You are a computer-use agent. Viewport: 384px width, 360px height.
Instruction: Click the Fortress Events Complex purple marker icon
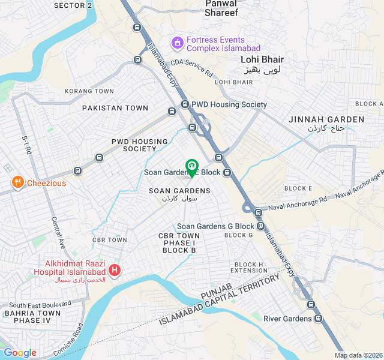177,43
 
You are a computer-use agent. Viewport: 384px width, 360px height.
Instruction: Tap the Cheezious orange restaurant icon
17,182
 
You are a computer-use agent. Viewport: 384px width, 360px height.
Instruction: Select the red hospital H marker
115,271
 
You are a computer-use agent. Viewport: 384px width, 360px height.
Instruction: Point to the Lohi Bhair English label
262,59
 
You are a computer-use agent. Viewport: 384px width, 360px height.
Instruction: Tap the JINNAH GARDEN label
326,119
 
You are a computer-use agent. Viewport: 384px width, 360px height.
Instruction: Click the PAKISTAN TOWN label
115,108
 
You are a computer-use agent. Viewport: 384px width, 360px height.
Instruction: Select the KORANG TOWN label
89,91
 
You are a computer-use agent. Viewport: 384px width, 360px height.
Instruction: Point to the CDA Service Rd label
191,67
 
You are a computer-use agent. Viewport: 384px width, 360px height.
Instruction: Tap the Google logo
20,353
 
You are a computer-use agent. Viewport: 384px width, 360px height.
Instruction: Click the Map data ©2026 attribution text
358,355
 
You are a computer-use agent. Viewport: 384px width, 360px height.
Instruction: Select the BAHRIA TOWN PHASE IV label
32,316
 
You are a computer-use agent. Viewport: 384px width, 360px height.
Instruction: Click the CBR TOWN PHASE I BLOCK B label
179,242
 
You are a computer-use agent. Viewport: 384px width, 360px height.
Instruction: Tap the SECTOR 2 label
73,5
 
